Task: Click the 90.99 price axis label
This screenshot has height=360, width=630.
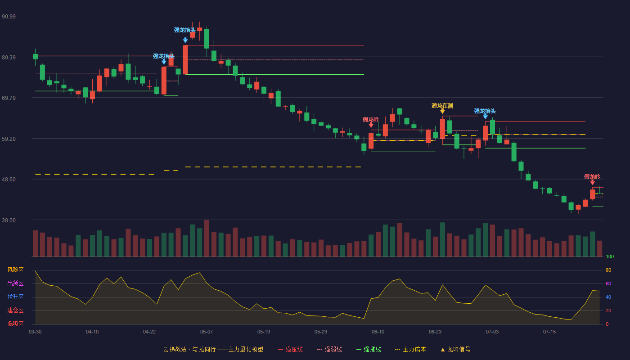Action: point(9,16)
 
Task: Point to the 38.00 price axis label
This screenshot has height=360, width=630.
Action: point(9,220)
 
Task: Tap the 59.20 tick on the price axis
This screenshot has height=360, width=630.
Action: point(9,139)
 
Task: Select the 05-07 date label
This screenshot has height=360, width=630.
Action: point(207,332)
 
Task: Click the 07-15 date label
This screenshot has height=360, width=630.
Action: point(549,332)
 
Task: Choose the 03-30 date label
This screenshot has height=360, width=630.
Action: point(35,332)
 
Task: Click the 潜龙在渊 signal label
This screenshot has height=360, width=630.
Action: point(442,106)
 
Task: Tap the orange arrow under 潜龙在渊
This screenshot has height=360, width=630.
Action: point(442,112)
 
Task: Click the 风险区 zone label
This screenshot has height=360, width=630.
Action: point(15,270)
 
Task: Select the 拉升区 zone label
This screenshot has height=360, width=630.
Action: point(15,297)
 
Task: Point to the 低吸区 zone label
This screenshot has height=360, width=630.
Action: point(15,324)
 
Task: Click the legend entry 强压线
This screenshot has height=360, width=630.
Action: point(291,349)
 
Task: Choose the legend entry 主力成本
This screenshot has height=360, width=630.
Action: point(410,349)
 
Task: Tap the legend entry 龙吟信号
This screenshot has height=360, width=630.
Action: point(455,349)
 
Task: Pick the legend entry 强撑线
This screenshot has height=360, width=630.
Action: point(369,349)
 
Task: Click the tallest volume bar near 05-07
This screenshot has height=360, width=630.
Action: point(207,238)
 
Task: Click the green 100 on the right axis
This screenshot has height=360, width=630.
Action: point(610,256)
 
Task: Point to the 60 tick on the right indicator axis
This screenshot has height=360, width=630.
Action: point(608,283)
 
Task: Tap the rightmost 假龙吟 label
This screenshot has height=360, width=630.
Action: point(592,176)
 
